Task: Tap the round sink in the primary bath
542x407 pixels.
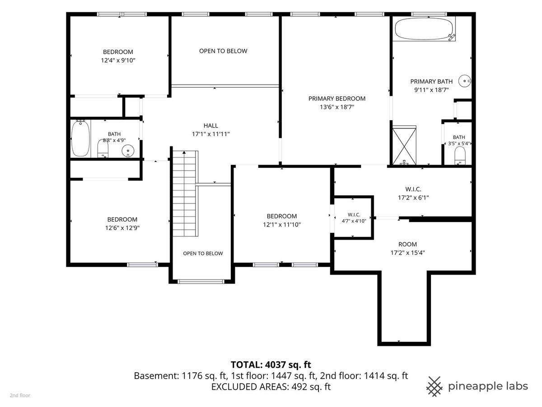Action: pos(464,81)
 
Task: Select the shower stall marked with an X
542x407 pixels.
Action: pos(404,145)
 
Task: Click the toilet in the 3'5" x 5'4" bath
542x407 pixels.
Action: pos(460,156)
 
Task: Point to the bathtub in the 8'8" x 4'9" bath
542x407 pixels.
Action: pos(80,138)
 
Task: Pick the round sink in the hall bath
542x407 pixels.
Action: pos(128,151)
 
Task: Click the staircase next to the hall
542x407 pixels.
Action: pos(185,193)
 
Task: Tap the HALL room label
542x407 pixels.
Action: pos(210,126)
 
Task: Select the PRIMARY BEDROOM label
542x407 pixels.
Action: pos(337,99)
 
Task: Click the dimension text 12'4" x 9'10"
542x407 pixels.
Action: pos(118,60)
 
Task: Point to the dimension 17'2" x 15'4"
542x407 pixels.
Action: pos(407,252)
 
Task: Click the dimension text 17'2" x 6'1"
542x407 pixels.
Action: pos(413,198)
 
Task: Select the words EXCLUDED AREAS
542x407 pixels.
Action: pos(250,387)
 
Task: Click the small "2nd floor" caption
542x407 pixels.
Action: pos(20,395)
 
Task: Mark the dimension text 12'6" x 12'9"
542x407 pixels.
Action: pos(122,228)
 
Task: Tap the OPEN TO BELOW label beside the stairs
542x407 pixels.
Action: pos(203,253)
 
